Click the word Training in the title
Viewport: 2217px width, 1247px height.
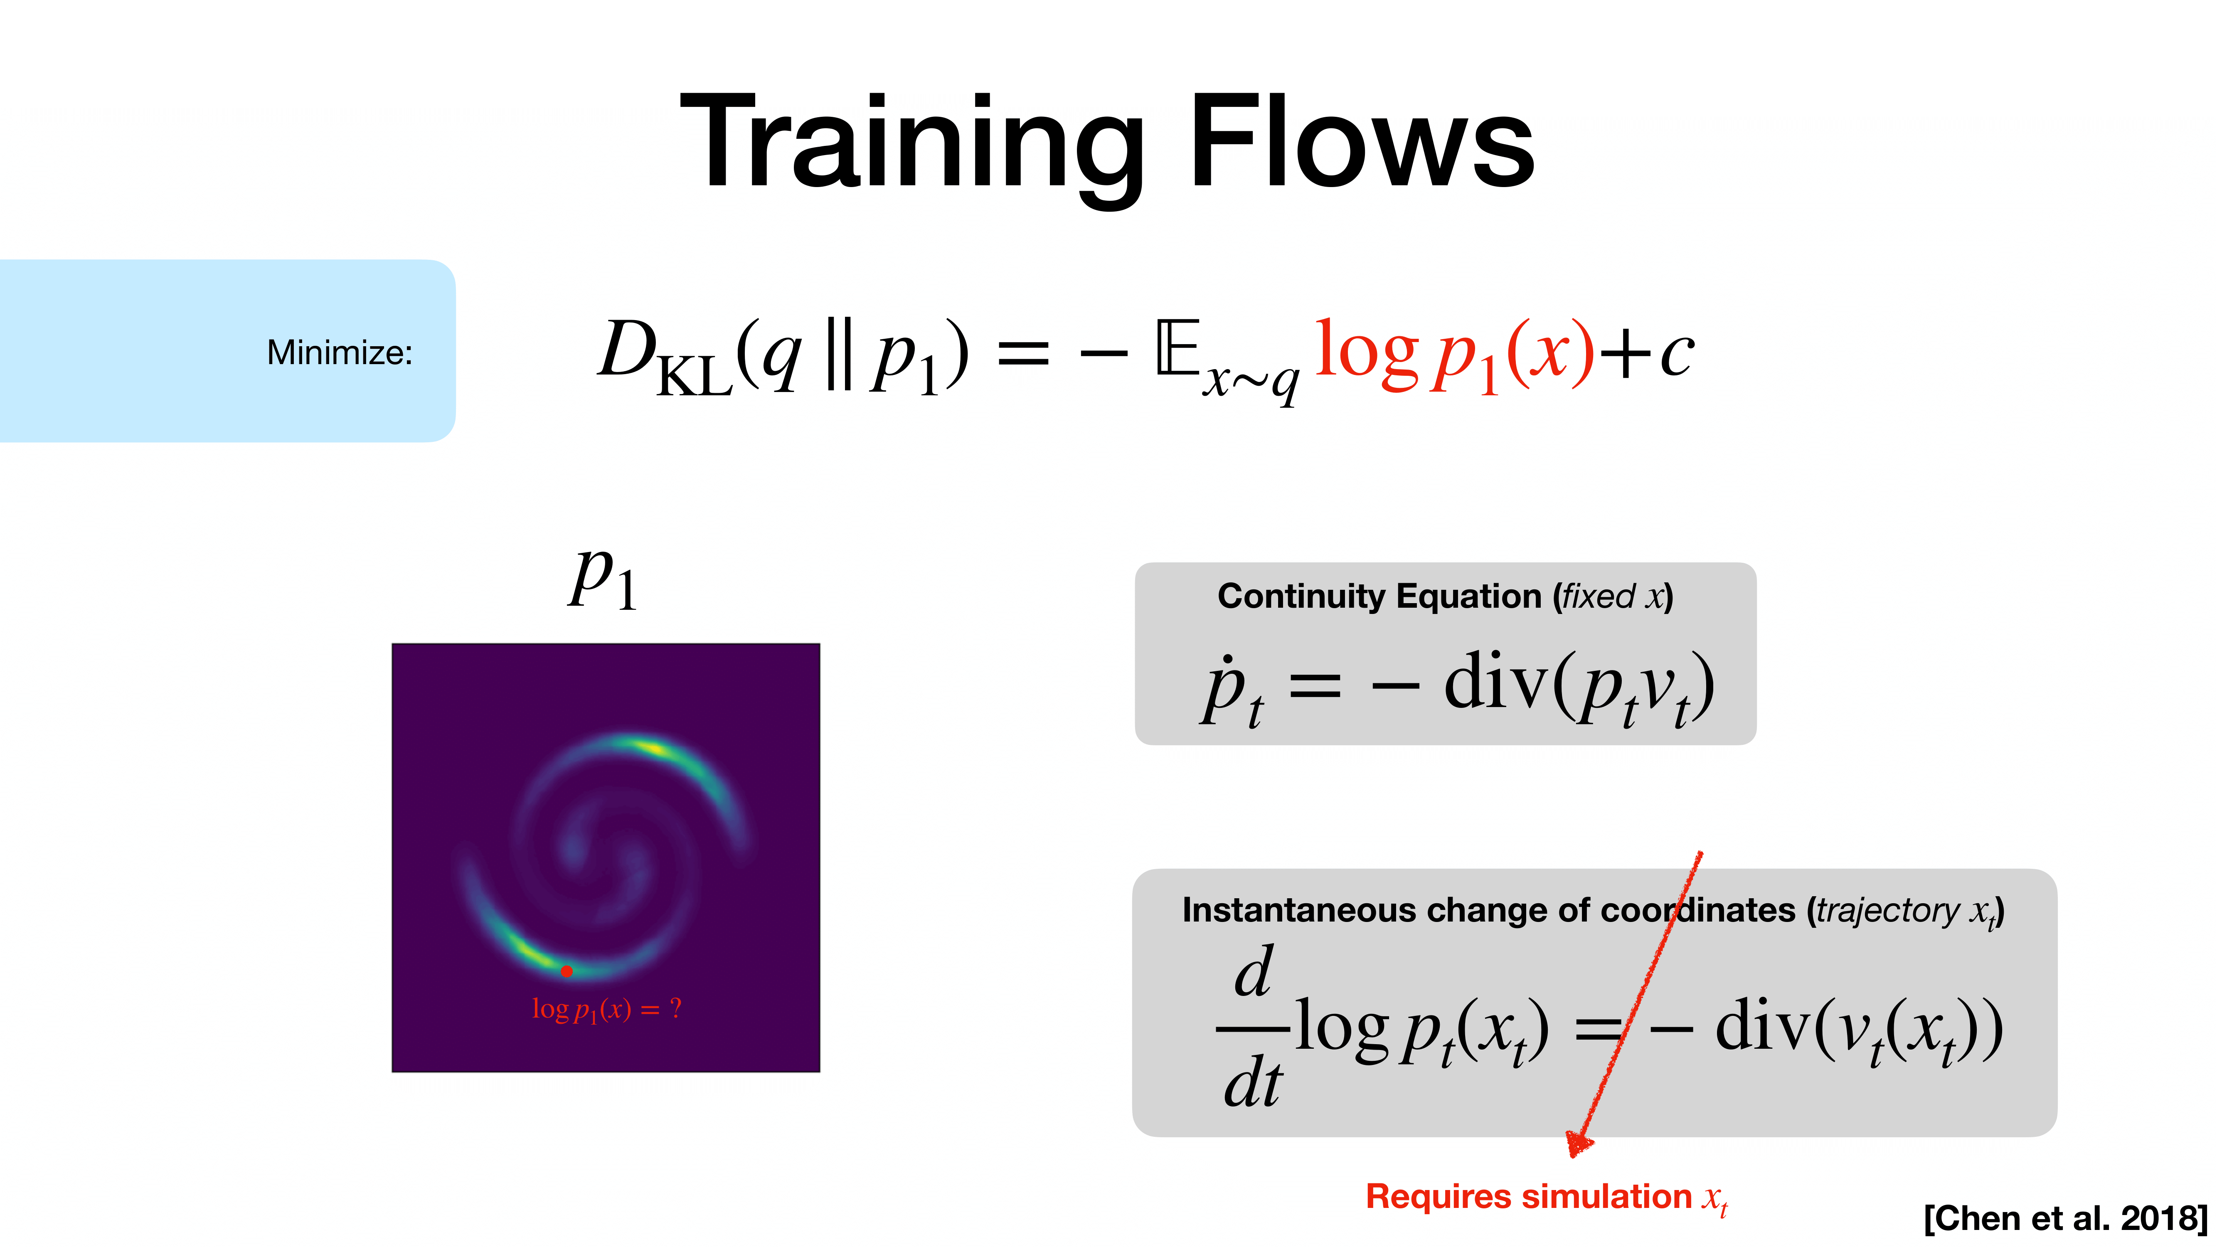click(x=912, y=142)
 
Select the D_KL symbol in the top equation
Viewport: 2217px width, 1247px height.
click(x=663, y=355)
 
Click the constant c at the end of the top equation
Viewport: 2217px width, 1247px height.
click(x=1677, y=353)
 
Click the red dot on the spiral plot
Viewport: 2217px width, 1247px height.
click(x=566, y=971)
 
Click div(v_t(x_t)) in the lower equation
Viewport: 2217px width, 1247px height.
click(x=1859, y=1028)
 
